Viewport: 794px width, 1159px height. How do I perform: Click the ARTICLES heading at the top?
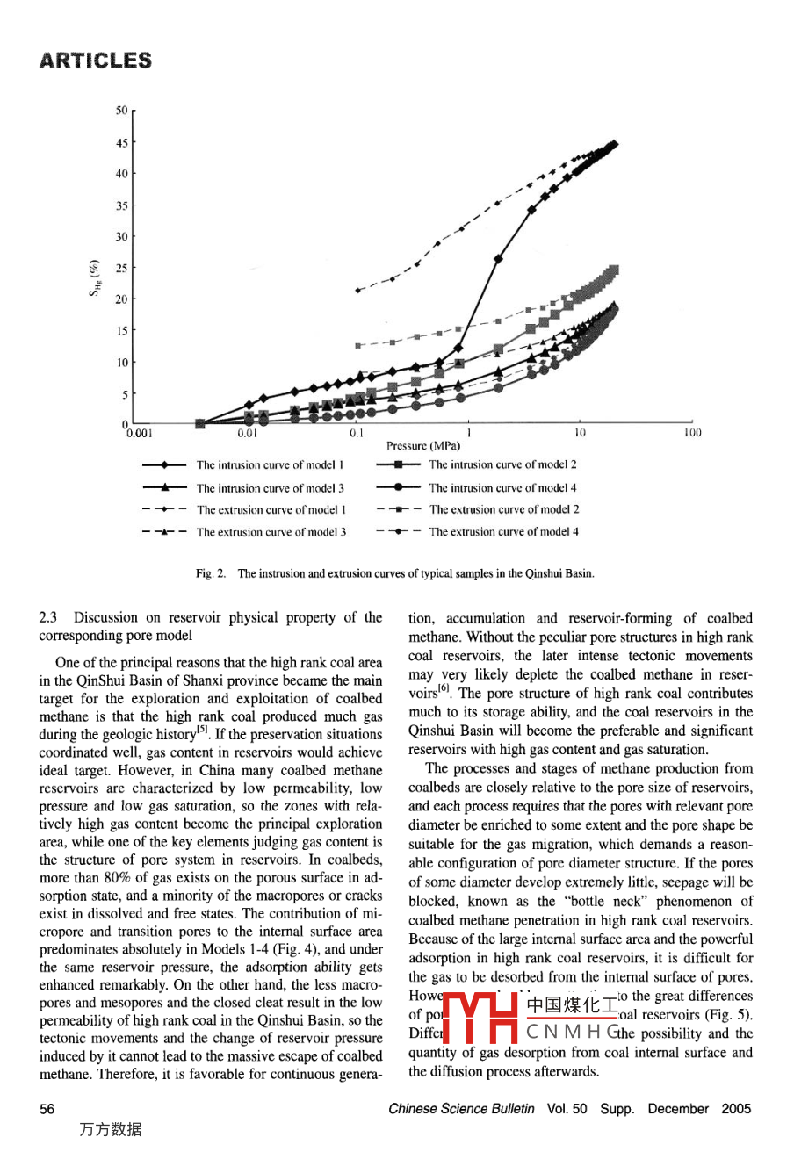pos(95,61)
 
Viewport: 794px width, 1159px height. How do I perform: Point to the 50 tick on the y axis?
pos(122,111)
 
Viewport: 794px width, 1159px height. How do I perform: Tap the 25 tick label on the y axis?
pos(122,268)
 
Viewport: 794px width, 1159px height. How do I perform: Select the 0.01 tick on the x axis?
pos(249,433)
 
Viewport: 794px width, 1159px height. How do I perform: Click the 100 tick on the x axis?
pos(692,433)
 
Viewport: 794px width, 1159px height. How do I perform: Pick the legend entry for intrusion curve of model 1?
pos(270,465)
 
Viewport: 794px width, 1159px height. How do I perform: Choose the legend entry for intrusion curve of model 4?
pos(502,488)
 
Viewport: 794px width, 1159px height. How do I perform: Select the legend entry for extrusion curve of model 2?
pos(503,509)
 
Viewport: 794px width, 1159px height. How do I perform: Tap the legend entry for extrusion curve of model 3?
pos(271,532)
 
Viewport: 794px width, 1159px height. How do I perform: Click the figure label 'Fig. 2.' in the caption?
pos(211,573)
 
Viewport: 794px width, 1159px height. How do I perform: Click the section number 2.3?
pos(49,617)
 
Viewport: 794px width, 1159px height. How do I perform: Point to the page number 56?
pos(47,1109)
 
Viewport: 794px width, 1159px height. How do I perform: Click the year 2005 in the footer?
pos(736,1109)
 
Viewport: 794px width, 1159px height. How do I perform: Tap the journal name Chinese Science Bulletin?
pos(461,1109)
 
